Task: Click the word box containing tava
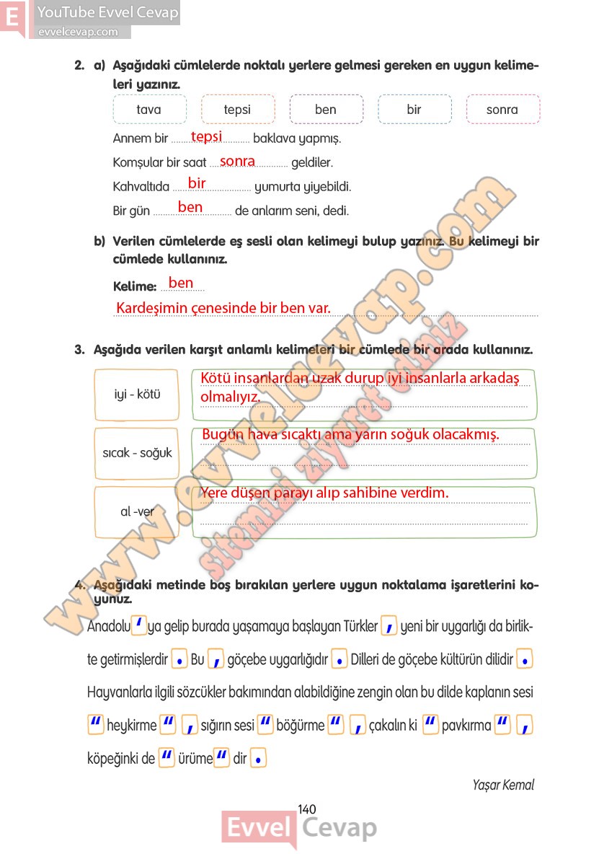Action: point(149,110)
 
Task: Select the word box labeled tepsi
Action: point(237,110)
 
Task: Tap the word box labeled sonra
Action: point(502,110)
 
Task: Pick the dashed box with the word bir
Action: point(414,110)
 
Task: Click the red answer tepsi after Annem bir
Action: point(206,136)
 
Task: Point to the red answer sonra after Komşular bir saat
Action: point(237,162)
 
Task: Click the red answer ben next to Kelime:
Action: point(180,283)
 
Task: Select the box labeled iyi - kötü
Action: point(137,395)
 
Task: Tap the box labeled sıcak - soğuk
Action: point(137,453)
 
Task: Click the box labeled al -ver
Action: point(137,511)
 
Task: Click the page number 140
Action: point(306,809)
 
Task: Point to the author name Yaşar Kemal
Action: point(503,785)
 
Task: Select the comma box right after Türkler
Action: point(389,626)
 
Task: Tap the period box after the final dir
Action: point(259,758)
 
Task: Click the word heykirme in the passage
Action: point(131,726)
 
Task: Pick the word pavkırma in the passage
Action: point(466,726)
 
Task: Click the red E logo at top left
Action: point(12,17)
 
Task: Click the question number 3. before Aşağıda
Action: point(80,350)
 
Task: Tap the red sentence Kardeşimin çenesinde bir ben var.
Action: point(223,308)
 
